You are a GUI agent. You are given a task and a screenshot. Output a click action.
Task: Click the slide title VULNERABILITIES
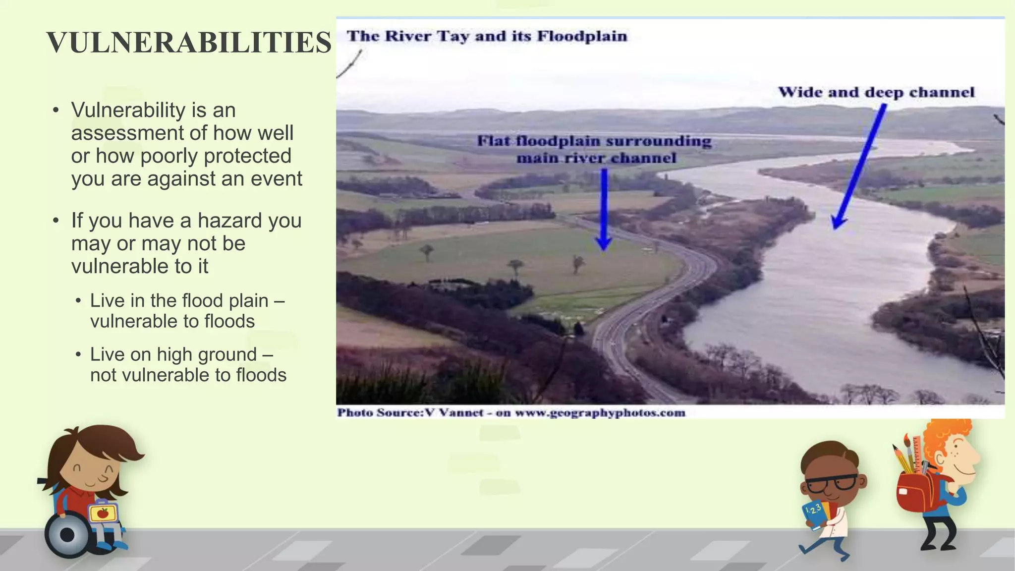[189, 43]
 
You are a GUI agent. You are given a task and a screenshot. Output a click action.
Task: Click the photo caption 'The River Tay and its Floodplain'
[487, 36]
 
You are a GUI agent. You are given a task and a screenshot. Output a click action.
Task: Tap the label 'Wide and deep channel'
[876, 92]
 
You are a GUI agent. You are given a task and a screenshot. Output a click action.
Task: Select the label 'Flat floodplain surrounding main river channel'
[594, 149]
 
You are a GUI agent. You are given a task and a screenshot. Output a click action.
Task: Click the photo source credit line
[511, 413]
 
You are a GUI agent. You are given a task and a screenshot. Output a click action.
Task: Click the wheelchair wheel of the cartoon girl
[66, 535]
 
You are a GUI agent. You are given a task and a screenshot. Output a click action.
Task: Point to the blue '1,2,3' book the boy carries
[816, 514]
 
